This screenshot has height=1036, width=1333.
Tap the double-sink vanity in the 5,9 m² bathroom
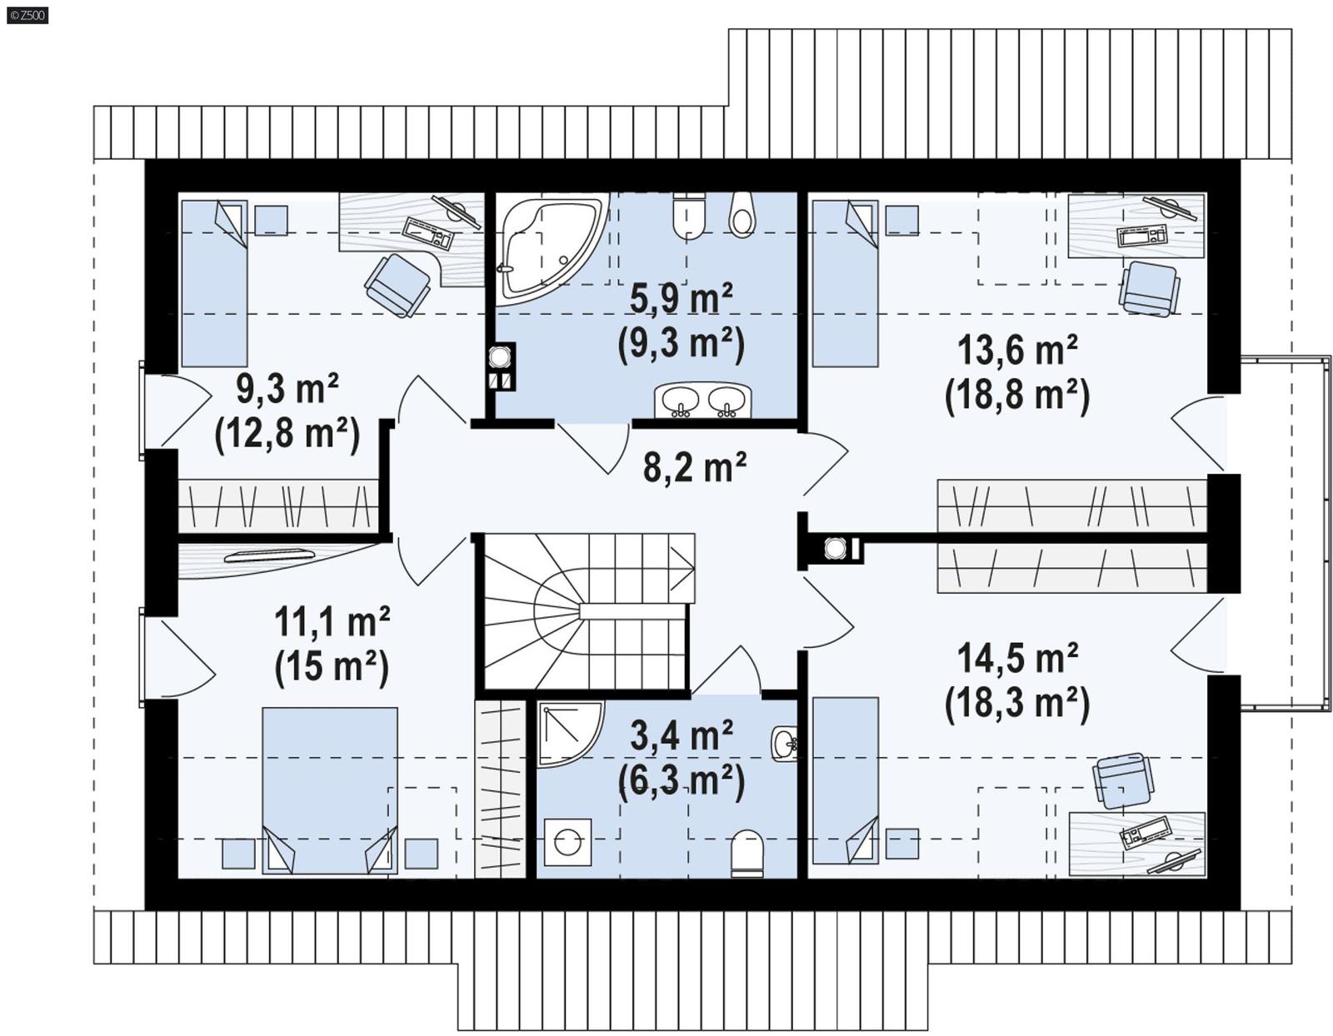pyautogui.click(x=702, y=400)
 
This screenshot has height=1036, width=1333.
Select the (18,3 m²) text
pyautogui.click(x=1016, y=704)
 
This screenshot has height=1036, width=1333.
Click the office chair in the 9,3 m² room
pyautogui.click(x=397, y=285)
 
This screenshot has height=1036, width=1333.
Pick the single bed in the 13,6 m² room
pyautogui.click(x=845, y=283)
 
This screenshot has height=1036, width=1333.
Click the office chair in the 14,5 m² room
pyautogui.click(x=1124, y=780)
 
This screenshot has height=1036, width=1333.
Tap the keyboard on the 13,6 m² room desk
pyautogui.click(x=1141, y=236)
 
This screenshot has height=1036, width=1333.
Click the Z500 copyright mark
pyautogui.click(x=27, y=14)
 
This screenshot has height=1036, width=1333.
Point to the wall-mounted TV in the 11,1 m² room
pyautogui.click(x=269, y=555)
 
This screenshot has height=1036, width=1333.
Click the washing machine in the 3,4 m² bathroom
pyautogui.click(x=567, y=841)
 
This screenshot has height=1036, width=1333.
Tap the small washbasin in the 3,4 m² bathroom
pyautogui.click(x=784, y=743)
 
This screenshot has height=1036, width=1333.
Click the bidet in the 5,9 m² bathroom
pyautogui.click(x=741, y=215)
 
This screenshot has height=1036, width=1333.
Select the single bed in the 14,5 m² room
pyautogui.click(x=845, y=780)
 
